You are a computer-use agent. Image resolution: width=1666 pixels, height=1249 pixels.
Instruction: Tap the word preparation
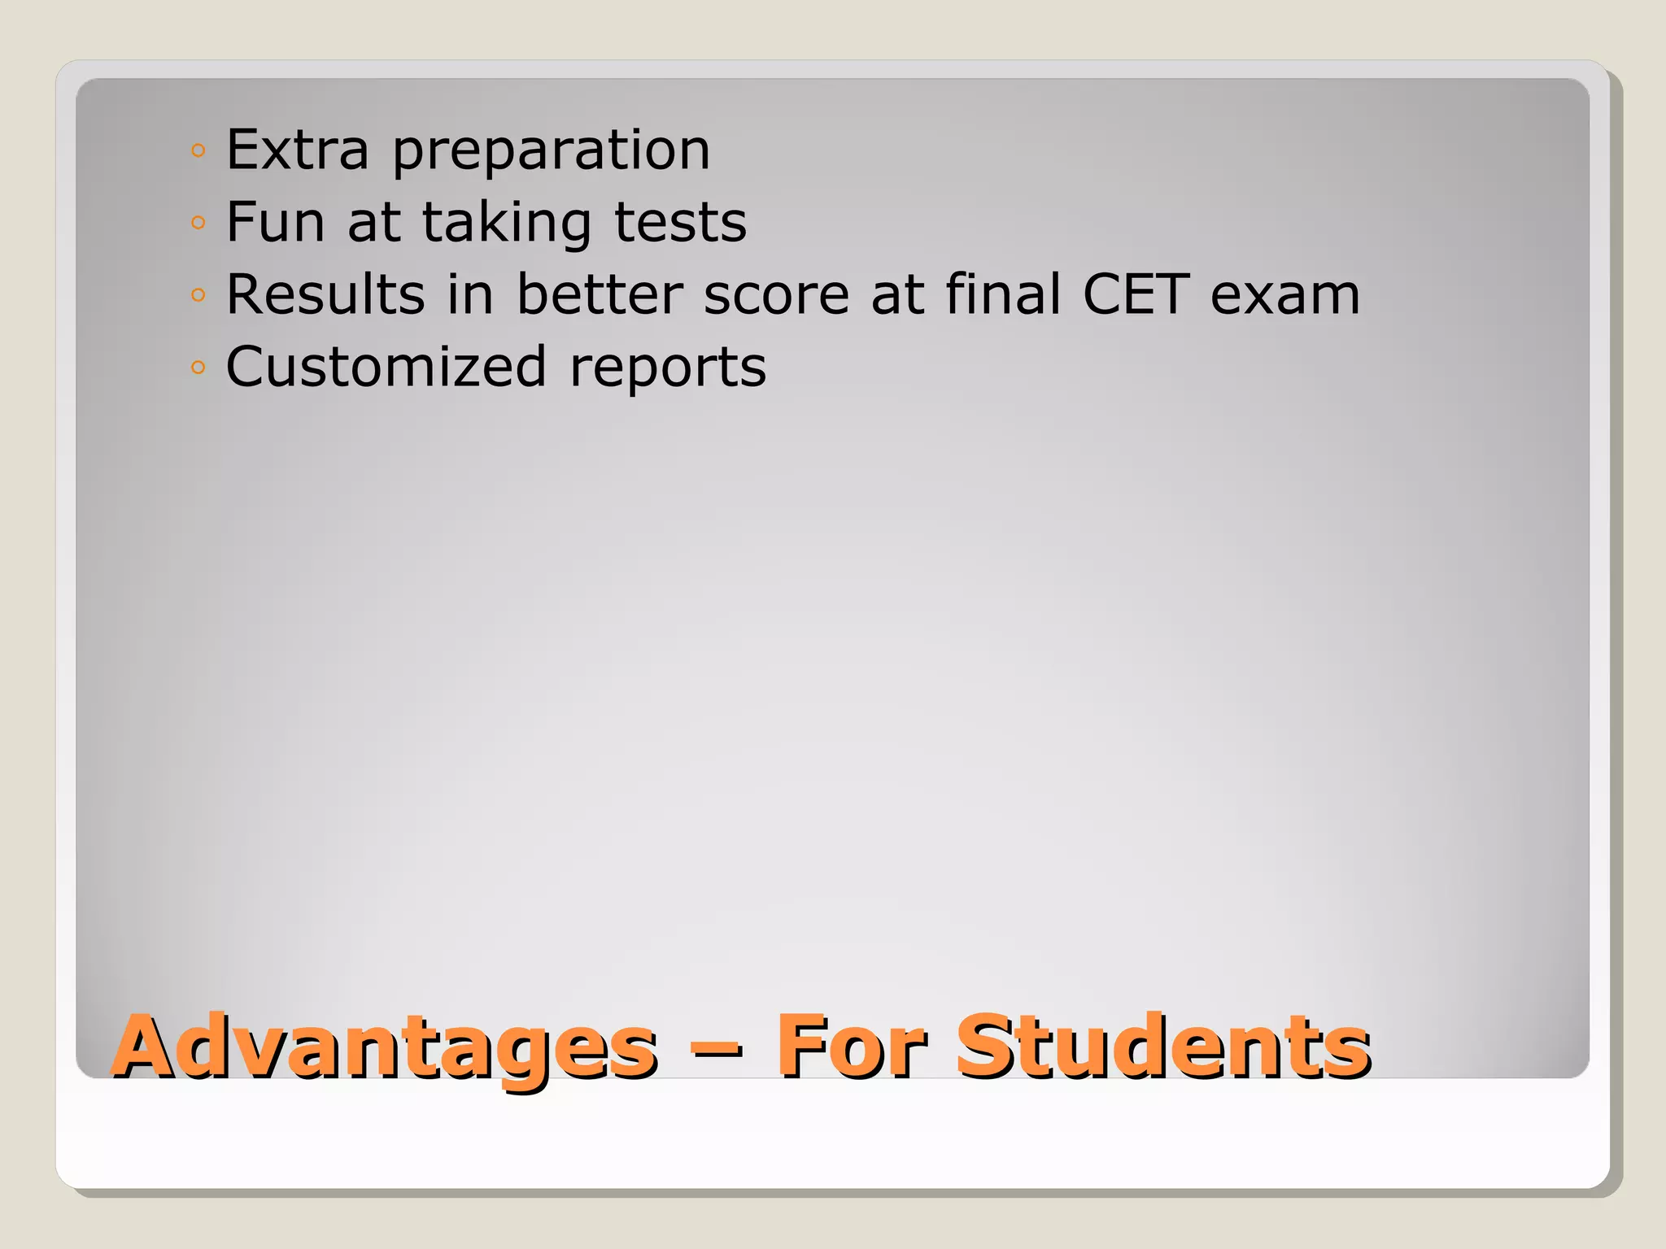(552, 153)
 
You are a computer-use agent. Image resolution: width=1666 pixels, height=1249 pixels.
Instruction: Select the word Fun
(275, 222)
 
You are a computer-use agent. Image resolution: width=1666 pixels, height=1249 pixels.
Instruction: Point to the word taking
(506, 224)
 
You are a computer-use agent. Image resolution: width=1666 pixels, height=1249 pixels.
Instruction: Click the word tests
(680, 223)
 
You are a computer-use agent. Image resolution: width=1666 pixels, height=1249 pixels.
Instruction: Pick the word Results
(325, 294)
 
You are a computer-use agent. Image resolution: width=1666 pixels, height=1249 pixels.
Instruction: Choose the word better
(600, 294)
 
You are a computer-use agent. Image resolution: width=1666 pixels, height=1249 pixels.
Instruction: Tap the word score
(776, 296)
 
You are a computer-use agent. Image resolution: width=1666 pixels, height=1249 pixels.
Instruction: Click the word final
(1003, 294)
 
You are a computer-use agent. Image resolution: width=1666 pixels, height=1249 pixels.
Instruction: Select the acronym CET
(1136, 294)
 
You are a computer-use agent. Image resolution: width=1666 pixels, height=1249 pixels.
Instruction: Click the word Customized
(386, 367)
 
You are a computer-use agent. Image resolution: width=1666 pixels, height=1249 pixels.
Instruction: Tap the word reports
(667, 370)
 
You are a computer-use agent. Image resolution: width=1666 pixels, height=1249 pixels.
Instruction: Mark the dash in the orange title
(716, 1051)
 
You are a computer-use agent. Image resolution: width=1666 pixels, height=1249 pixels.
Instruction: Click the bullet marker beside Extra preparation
(198, 150)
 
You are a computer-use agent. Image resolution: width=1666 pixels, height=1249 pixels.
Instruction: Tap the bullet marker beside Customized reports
(198, 368)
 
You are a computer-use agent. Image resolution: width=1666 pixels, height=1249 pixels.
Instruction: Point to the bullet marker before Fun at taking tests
(198, 223)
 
